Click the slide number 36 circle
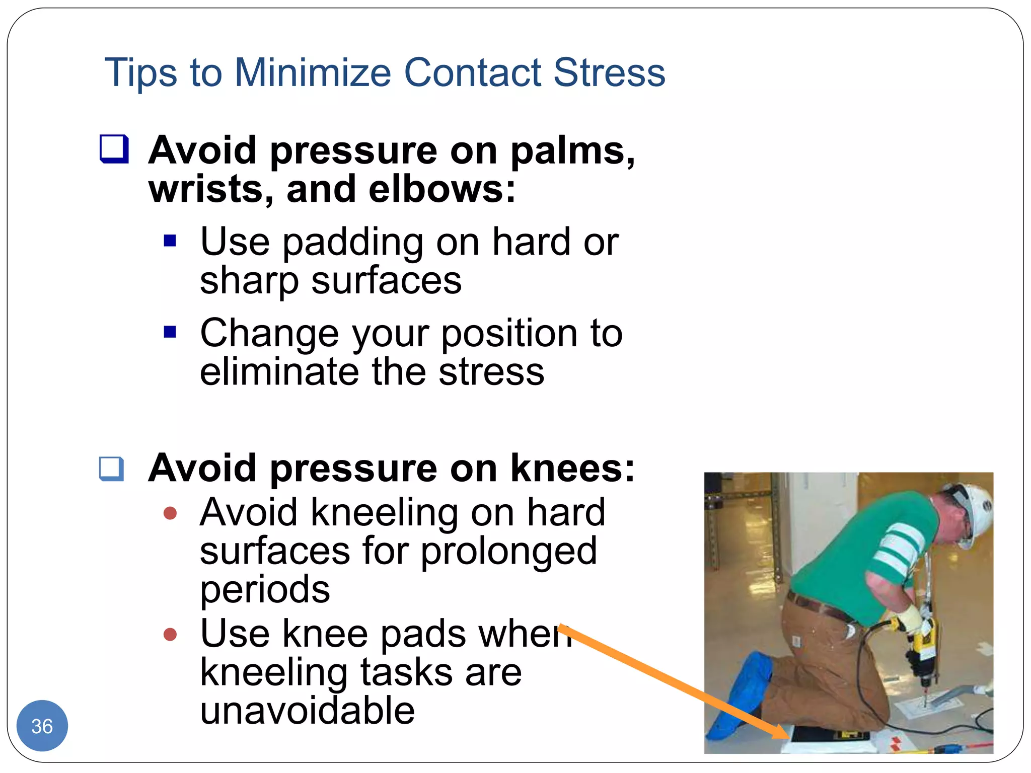42,726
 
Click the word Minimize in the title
313,72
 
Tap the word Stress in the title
609,72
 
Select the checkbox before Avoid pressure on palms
114,149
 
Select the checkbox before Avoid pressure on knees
112,469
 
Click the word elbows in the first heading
442,190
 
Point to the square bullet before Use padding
170,241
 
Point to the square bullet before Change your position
170,332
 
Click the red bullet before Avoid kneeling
170,513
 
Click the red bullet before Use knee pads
170,634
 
